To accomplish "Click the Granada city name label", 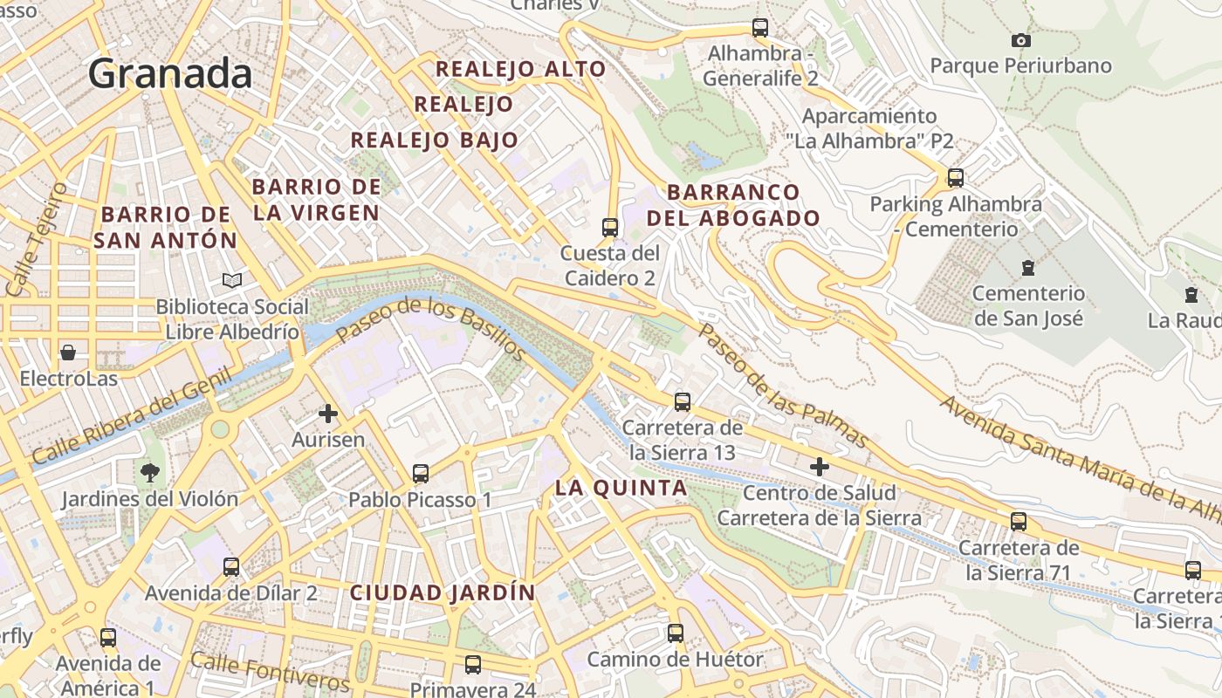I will click(x=170, y=73).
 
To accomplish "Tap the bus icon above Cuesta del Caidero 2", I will click(x=610, y=228).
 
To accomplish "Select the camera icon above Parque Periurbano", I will click(x=1020, y=40).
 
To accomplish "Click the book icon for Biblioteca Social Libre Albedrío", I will click(x=232, y=280).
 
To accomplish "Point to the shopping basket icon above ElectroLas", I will click(x=68, y=352).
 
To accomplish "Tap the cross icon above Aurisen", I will click(x=328, y=413).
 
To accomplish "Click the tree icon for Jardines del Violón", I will click(x=150, y=473).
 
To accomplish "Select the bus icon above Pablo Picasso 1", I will click(x=421, y=474).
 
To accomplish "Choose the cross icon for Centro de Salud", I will click(x=819, y=467).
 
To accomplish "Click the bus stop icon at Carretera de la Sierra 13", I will click(x=683, y=402).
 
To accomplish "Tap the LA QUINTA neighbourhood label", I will click(x=621, y=489).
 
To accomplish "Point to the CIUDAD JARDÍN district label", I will click(x=443, y=592).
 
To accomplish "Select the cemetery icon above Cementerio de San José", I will click(x=1028, y=267).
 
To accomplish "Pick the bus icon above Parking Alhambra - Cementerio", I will click(x=956, y=178).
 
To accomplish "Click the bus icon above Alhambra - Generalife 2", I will click(x=760, y=28).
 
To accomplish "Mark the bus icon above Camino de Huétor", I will click(x=676, y=633).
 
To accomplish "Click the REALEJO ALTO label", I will click(x=520, y=69).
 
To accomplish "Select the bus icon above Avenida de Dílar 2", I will click(x=231, y=567).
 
